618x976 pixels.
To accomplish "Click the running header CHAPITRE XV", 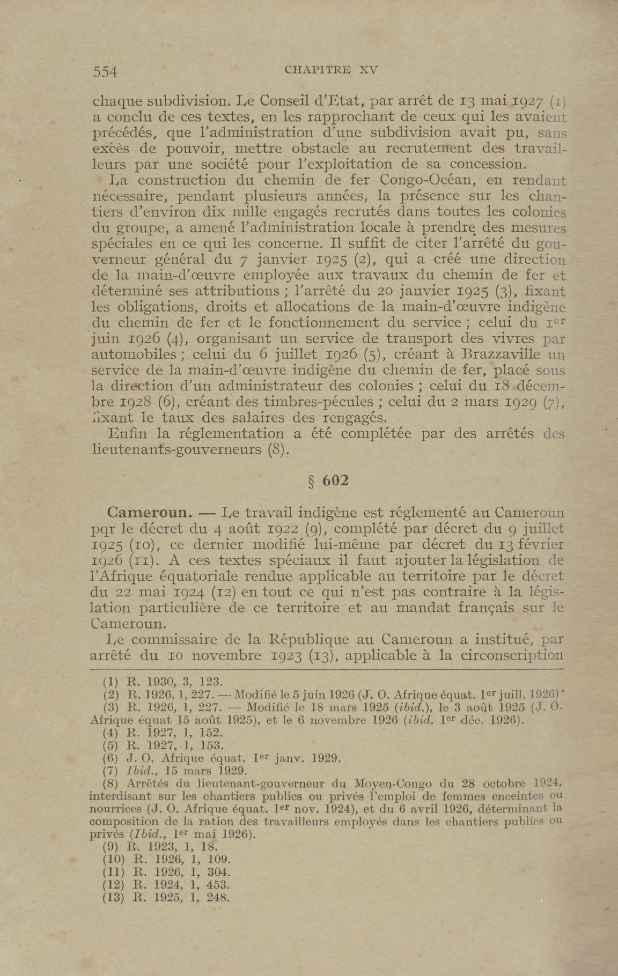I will [x=331, y=70].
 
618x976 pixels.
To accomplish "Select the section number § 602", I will [x=329, y=481].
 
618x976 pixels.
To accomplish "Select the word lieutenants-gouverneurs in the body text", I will [x=177, y=449].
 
